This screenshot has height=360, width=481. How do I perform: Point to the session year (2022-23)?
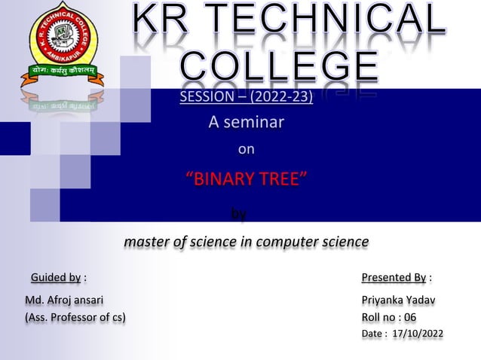280,99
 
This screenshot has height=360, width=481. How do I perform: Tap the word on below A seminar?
247,149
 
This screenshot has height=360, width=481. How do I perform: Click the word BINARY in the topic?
223,179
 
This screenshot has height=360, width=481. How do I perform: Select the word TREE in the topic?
282,179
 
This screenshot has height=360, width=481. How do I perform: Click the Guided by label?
56,278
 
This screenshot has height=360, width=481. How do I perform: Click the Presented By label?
394,278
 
